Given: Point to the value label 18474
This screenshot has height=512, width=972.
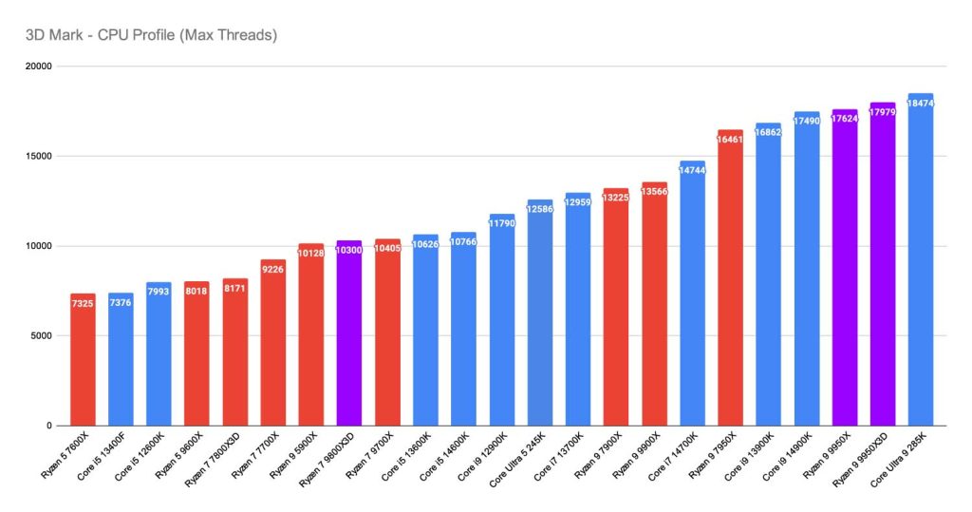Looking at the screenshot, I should tap(921, 103).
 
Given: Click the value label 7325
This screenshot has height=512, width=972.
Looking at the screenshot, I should tap(83, 303).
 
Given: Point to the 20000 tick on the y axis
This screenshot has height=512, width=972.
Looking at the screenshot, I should tap(39, 66).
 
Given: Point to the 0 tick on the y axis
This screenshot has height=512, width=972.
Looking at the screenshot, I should tap(49, 426).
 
